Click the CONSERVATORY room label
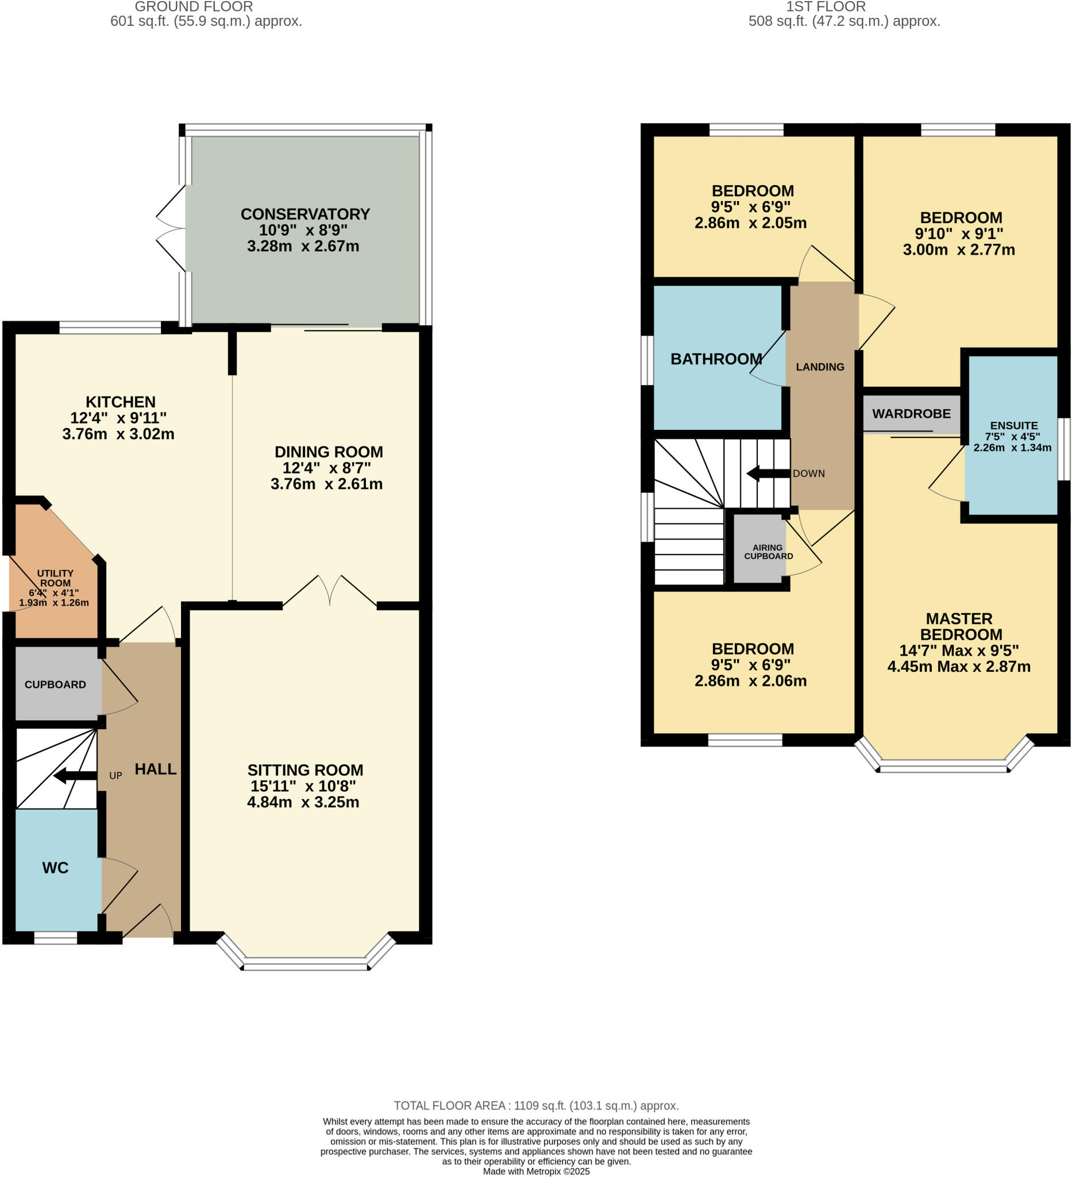pyautogui.click(x=305, y=214)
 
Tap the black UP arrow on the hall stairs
pyautogui.click(x=75, y=776)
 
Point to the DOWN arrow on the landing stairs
pyautogui.click(x=768, y=474)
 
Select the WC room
pyautogui.click(x=55, y=868)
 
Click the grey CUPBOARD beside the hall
pyautogui.click(x=55, y=684)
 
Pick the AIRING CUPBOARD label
pyautogui.click(x=768, y=552)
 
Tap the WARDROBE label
pyautogui.click(x=911, y=413)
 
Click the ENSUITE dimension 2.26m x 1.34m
pyautogui.click(x=1012, y=448)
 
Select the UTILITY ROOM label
pyautogui.click(x=55, y=578)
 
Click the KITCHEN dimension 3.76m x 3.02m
pyautogui.click(x=118, y=434)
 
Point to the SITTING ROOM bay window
pyautogui.click(x=305, y=964)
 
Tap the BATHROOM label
pyautogui.click(x=716, y=359)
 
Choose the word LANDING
pyautogui.click(x=820, y=367)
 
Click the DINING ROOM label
pyautogui.click(x=329, y=452)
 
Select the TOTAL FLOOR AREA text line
pyautogui.click(x=535, y=1106)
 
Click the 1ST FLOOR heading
pyautogui.click(x=825, y=7)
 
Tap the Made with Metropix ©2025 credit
pyautogui.click(x=535, y=1171)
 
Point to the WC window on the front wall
pyautogui.click(x=55, y=937)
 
